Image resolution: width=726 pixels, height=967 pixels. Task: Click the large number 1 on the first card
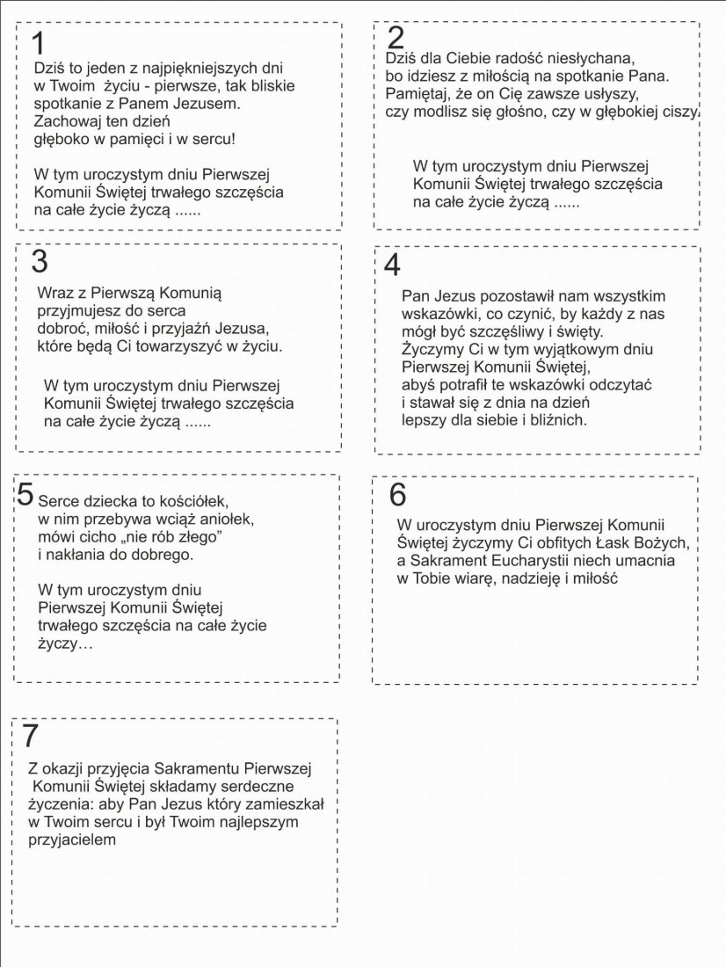[36, 43]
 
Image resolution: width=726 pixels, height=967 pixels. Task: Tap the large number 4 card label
[392, 265]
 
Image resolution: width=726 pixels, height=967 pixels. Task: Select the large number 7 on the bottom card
[31, 735]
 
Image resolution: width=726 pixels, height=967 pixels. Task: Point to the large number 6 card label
[398, 495]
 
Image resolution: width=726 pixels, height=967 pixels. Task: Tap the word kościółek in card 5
[189, 501]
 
